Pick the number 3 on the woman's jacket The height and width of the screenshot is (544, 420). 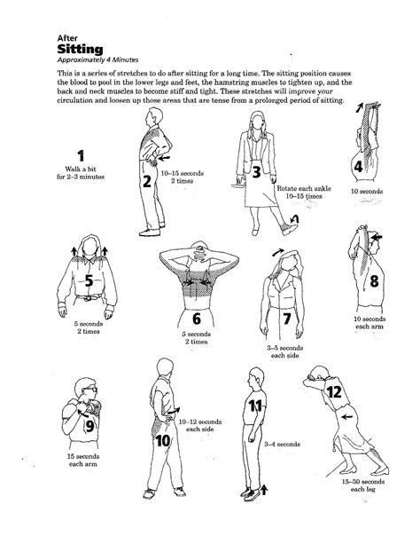[x=256, y=171]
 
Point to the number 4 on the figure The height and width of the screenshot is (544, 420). [x=358, y=166]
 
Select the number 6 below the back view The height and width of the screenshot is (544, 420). [x=196, y=318]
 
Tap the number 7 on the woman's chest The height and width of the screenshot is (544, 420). [x=286, y=319]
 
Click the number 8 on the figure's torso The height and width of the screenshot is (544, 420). [x=374, y=282]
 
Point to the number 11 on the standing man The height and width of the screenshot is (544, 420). [x=254, y=406]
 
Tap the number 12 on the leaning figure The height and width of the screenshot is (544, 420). [x=334, y=391]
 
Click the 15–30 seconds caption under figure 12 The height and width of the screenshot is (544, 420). [x=358, y=481]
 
